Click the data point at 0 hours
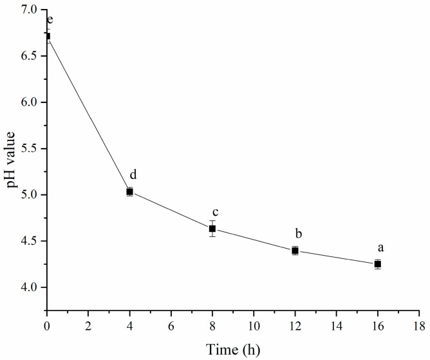(47, 36)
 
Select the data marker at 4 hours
(129, 191)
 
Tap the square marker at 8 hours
(212, 229)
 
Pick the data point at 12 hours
(295, 251)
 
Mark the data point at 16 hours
(378, 264)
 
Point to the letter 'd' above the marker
(133, 175)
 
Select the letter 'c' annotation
(216, 213)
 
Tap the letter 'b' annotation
(299, 233)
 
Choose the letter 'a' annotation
(381, 247)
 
